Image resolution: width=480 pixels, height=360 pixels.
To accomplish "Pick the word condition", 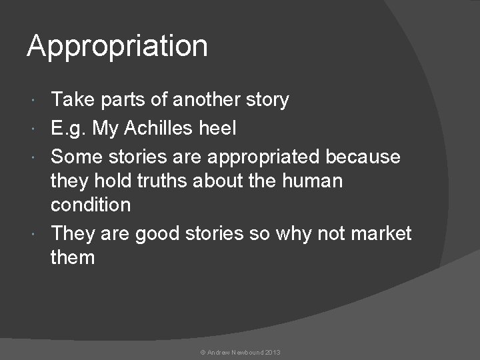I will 91,205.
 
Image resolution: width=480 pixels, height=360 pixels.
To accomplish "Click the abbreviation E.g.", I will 68,129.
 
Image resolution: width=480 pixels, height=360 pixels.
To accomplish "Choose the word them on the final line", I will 73,257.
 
